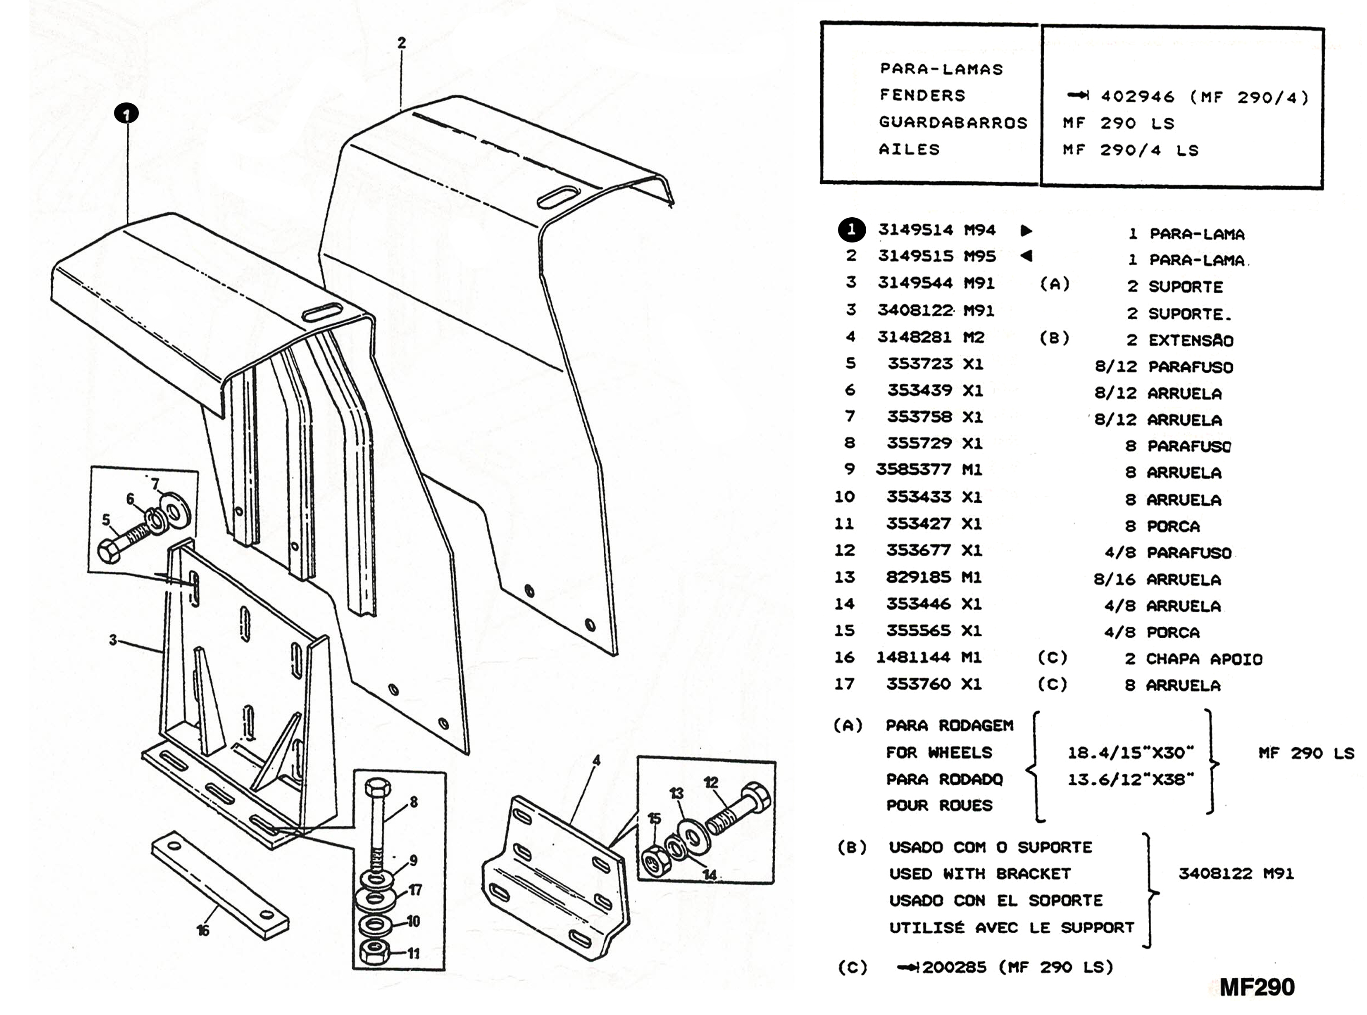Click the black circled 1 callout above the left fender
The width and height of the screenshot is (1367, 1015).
[126, 114]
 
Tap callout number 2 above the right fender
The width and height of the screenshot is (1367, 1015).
[401, 43]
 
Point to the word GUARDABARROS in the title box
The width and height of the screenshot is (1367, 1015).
[953, 122]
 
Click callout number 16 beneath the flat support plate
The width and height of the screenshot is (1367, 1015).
[203, 930]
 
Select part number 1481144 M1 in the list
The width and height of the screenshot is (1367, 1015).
[928, 657]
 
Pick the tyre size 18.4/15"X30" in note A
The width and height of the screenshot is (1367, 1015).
[1130, 753]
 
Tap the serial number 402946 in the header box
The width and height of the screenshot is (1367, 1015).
[1137, 97]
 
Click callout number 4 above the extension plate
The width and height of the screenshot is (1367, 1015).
[595, 761]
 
